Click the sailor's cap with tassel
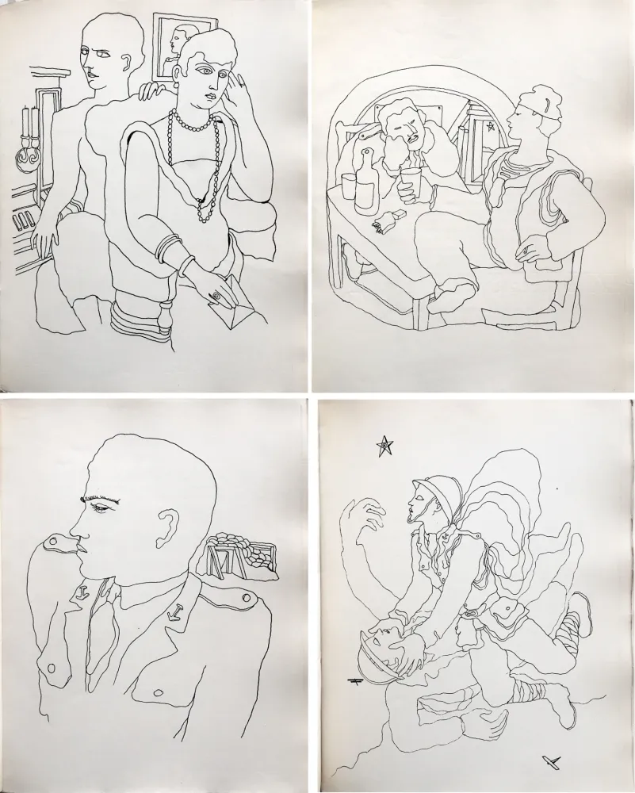tap(542, 108)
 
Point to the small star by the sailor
tap(491, 126)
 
